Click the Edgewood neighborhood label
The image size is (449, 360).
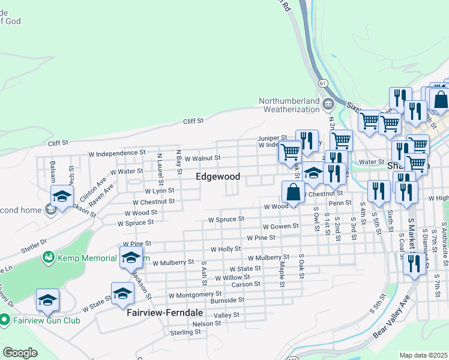coord(218,176)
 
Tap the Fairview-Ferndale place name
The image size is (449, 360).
coord(164,313)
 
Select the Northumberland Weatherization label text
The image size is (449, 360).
coord(289,105)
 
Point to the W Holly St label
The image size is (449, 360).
coord(225,248)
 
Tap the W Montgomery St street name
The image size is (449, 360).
coord(195,295)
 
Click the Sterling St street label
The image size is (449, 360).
coord(185,332)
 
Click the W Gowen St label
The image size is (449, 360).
coord(280,226)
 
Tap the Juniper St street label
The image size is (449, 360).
coord(272,138)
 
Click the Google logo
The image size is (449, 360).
coord(20,353)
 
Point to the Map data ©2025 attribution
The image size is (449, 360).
coord(423,355)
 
